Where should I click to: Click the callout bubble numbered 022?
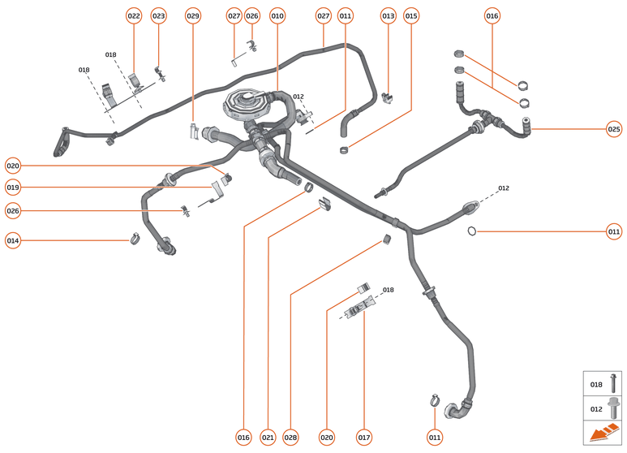pyautogui.click(x=134, y=15)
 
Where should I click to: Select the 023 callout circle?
pyautogui.click(x=158, y=15)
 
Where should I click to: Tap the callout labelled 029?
pyautogui.click(x=192, y=15)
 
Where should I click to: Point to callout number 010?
pyautogui.click(x=277, y=15)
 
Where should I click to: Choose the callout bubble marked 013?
pyautogui.click(x=389, y=15)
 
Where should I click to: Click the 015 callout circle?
pyautogui.click(x=411, y=15)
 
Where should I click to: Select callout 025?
pyautogui.click(x=614, y=128)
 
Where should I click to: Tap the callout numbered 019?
pyautogui.click(x=12, y=188)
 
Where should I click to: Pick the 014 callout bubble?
pyautogui.click(x=12, y=240)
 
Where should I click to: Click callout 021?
pyautogui.click(x=268, y=438)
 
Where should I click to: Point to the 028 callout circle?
pyautogui.click(x=290, y=438)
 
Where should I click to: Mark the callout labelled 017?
pyautogui.click(x=364, y=438)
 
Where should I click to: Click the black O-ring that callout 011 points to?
pyautogui.click(x=471, y=232)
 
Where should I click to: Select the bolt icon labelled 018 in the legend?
pyautogui.click(x=613, y=385)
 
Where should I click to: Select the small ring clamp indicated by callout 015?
pyautogui.click(x=345, y=149)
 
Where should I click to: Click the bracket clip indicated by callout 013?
pyautogui.click(x=388, y=97)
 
